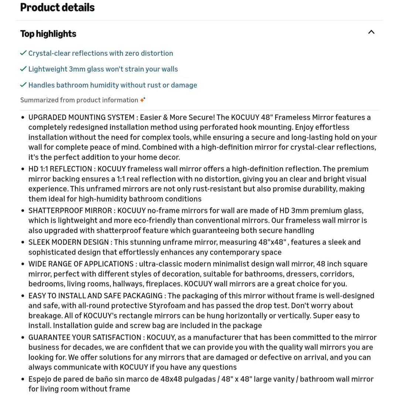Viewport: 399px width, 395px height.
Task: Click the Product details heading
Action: coord(57,7)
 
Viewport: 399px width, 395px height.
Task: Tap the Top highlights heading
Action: coord(48,34)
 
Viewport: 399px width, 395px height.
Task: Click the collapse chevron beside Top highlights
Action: coord(371,32)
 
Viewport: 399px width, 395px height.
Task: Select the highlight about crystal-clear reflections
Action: coord(100,53)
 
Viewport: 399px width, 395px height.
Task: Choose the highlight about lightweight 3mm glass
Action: coord(103,69)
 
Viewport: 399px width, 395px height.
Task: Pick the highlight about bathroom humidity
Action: coord(113,85)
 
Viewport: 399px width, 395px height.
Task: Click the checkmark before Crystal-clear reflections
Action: coord(23,53)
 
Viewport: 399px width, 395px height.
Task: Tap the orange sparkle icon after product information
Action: coord(143,100)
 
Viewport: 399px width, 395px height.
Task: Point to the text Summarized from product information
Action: coord(79,100)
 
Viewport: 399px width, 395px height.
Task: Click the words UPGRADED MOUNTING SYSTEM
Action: coord(81,118)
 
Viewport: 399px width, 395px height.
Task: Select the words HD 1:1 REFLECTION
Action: coord(60,169)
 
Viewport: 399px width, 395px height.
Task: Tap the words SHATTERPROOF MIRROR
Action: coord(70,211)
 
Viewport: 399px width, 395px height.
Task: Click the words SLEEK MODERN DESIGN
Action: coord(69,242)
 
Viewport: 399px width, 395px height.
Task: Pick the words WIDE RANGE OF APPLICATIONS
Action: coord(81,264)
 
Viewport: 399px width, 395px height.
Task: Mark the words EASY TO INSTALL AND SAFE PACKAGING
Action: coord(95,296)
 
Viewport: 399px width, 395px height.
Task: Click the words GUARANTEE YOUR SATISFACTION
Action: coord(85,337)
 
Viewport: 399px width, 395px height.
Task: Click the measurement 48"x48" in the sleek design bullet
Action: coord(273,242)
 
